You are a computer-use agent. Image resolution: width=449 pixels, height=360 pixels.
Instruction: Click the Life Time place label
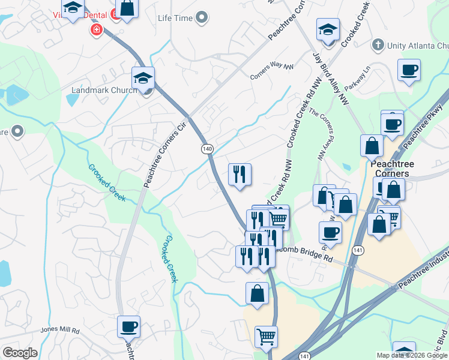click(x=175, y=18)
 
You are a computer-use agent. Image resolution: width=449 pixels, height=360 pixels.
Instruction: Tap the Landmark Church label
click(x=101, y=91)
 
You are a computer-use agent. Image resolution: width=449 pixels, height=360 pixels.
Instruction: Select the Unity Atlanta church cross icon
click(x=378, y=45)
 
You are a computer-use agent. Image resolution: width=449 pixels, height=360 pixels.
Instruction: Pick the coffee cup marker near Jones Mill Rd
click(x=129, y=326)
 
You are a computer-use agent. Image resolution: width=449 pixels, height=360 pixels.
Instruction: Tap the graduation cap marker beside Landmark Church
click(x=143, y=77)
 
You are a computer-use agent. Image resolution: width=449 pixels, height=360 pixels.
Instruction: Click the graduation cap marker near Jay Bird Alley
click(x=328, y=29)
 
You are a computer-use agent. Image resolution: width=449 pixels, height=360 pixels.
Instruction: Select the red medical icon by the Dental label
click(x=95, y=29)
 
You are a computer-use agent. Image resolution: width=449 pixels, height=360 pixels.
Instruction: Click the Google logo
click(x=20, y=353)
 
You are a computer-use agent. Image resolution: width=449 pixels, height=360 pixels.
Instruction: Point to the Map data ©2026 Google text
click(x=412, y=355)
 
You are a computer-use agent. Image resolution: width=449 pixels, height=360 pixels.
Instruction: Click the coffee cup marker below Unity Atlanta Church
click(x=409, y=70)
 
